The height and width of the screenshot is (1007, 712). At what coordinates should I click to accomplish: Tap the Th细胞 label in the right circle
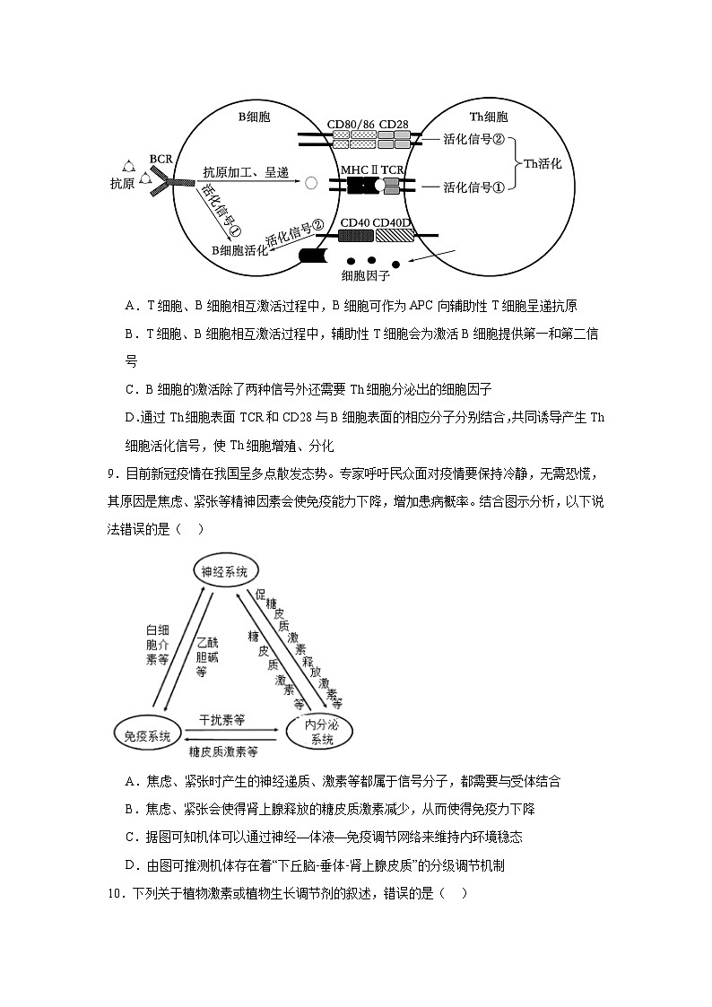489,117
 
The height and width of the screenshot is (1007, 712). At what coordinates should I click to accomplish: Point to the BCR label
161,159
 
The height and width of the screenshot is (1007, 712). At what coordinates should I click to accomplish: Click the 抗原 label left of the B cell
123,184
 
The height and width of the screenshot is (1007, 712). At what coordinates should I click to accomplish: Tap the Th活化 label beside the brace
549,163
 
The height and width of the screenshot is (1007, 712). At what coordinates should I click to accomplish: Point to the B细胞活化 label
239,250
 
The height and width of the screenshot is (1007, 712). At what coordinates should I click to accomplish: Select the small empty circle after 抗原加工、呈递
311,184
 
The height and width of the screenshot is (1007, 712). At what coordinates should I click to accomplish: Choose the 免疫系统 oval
148,735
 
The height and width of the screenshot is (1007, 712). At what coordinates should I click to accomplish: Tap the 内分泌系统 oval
321,732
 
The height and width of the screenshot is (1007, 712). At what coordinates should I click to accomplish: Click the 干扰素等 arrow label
222,719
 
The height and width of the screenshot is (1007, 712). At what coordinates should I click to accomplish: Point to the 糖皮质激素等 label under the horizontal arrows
222,751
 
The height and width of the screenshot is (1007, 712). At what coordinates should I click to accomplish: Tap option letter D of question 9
131,865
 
